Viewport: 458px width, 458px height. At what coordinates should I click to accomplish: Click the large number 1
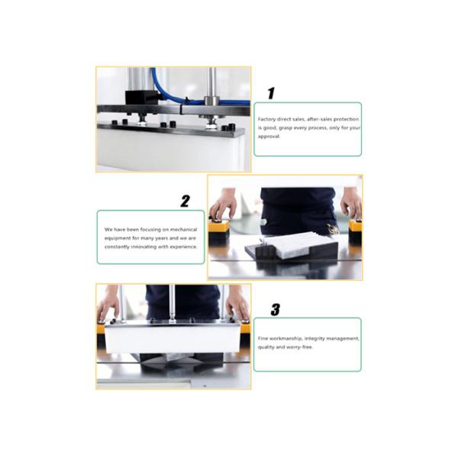point(270,93)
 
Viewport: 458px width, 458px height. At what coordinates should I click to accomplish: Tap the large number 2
point(185,202)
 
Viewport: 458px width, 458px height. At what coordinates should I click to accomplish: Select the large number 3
point(275,309)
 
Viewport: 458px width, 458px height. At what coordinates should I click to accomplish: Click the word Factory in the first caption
point(266,120)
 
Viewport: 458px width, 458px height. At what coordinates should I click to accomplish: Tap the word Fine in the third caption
point(264,337)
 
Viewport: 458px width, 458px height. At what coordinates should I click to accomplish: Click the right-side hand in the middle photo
point(350,203)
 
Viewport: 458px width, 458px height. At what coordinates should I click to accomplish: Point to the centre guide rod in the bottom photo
point(173,302)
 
